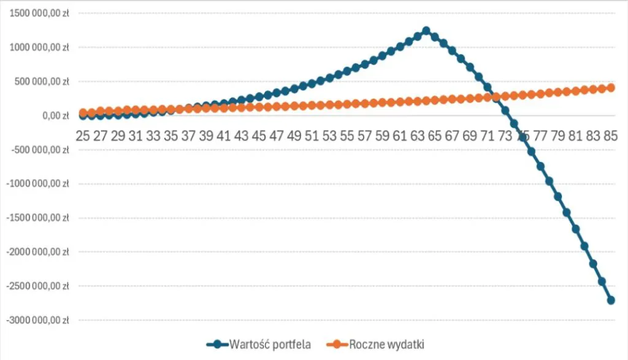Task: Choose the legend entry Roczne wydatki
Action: pyautogui.click(x=387, y=344)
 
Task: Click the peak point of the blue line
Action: pyautogui.click(x=426, y=31)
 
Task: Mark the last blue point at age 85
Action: pyautogui.click(x=611, y=300)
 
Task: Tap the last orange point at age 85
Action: pyautogui.click(x=611, y=88)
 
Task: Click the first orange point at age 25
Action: pyautogui.click(x=83, y=113)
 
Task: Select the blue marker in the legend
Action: pyautogui.click(x=218, y=344)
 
